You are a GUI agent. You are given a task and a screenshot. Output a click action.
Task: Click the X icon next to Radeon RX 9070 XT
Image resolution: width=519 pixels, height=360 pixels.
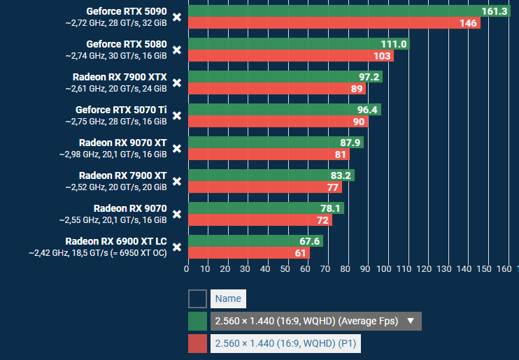click(x=177, y=148)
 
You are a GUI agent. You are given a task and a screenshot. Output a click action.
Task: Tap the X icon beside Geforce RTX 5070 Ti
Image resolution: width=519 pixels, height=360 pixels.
click(x=177, y=115)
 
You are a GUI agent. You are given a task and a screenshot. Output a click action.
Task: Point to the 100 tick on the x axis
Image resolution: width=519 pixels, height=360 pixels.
click(x=383, y=268)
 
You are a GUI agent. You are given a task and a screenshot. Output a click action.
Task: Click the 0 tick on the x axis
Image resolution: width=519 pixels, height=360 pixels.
click(x=187, y=268)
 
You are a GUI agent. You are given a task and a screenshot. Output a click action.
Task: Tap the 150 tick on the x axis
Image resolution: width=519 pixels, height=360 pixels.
click(x=482, y=268)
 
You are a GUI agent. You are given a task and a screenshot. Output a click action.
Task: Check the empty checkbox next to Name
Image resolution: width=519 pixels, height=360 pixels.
click(x=197, y=299)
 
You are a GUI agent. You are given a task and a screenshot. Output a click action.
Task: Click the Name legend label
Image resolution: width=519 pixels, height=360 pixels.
click(x=228, y=299)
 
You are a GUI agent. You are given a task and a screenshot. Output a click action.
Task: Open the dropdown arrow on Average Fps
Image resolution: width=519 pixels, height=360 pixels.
click(x=411, y=321)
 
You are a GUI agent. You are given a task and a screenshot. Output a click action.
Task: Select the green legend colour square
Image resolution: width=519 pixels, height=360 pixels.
click(x=197, y=321)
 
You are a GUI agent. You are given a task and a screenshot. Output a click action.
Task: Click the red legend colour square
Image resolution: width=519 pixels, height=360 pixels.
click(x=197, y=343)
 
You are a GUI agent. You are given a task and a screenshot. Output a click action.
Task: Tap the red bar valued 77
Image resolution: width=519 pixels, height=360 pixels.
click(x=259, y=187)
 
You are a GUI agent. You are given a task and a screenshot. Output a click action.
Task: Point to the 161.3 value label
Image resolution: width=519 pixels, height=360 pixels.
click(x=495, y=11)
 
